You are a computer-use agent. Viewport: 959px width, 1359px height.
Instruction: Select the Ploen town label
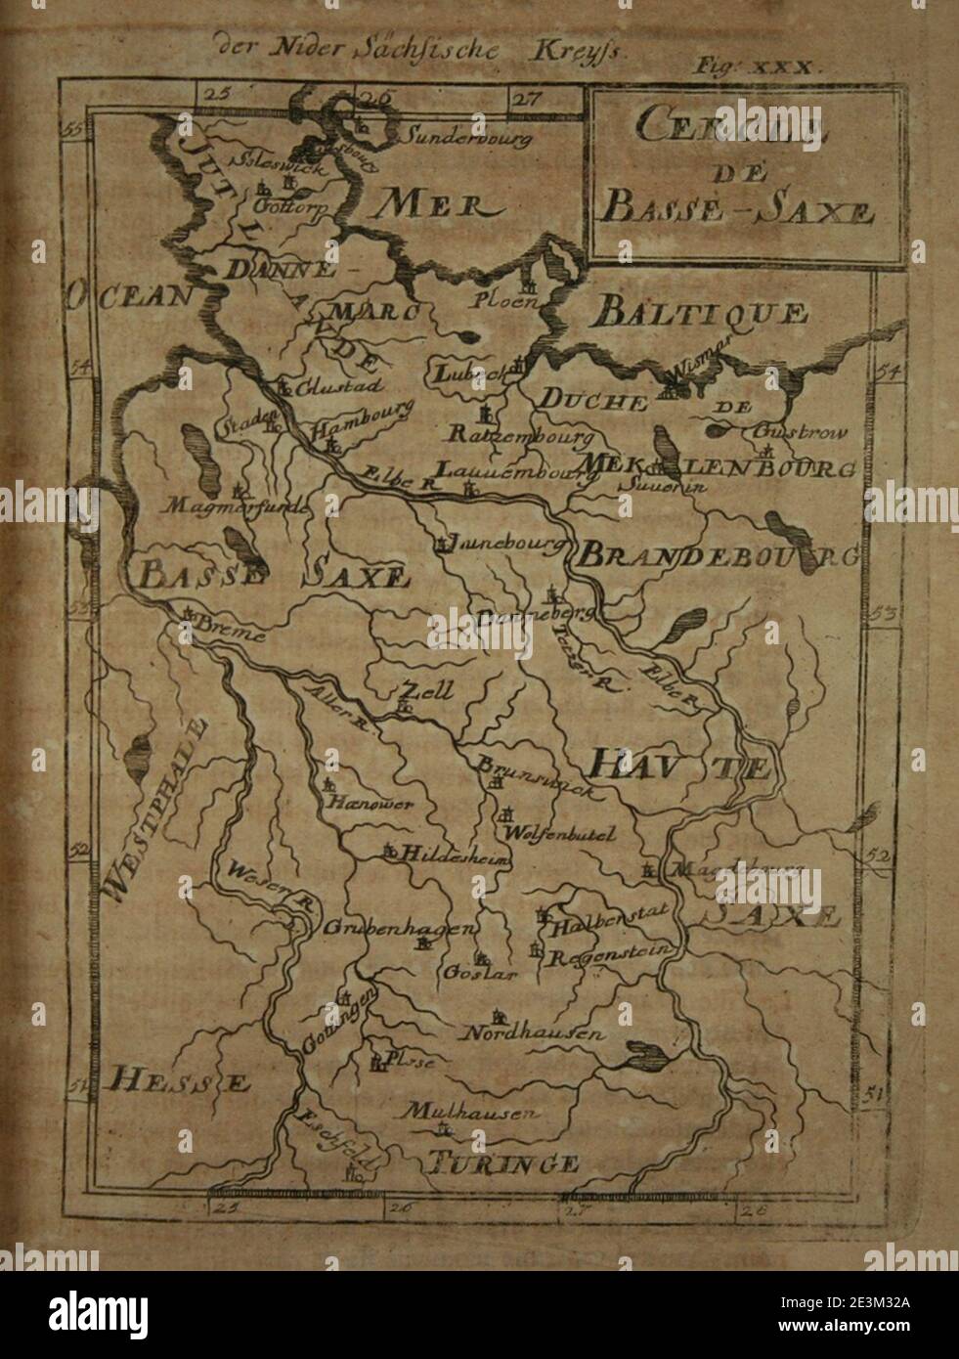[507, 300]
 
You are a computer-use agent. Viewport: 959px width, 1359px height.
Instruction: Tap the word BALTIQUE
[700, 314]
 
